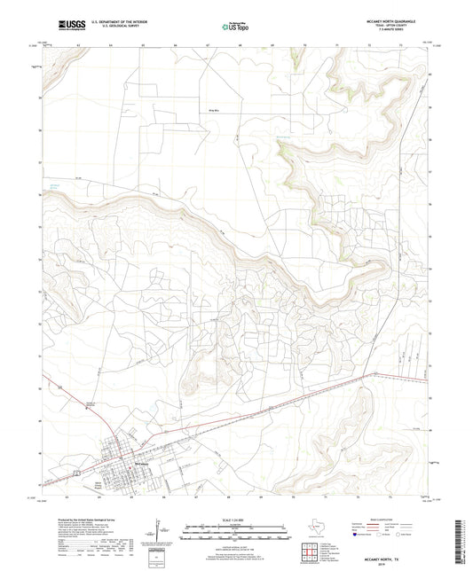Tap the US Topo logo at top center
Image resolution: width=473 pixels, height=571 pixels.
(x=234, y=27)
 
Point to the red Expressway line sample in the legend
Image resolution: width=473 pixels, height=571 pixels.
(x=372, y=523)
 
